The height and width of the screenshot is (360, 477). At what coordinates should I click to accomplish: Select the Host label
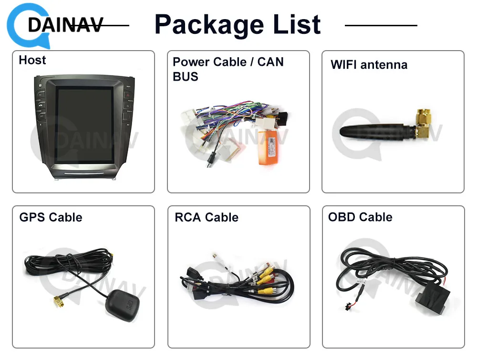(32, 60)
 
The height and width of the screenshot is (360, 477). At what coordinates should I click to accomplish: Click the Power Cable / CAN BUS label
(228, 69)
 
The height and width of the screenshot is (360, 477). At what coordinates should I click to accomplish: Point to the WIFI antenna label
(369, 64)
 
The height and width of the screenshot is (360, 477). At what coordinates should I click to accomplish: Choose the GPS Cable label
(51, 217)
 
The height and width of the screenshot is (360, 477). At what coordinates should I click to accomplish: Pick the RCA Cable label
(207, 217)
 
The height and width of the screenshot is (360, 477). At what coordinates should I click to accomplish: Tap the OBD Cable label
(360, 217)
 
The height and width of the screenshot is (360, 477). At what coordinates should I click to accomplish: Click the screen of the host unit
(83, 123)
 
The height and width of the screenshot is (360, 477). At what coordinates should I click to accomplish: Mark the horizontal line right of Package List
(381, 25)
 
